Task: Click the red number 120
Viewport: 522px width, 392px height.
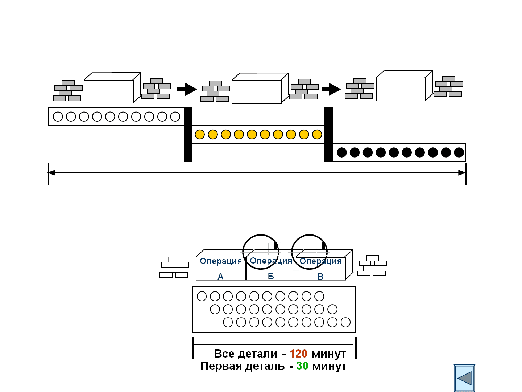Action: [x=298, y=354]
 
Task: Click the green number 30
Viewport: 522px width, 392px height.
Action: [x=302, y=366]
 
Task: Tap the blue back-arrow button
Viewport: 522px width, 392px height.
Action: [x=464, y=378]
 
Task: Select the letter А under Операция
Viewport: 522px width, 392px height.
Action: [x=220, y=277]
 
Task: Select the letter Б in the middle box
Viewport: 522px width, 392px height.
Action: [x=271, y=276]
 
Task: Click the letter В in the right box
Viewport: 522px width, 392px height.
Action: [x=320, y=277]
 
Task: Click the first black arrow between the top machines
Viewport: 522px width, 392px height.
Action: [x=187, y=89]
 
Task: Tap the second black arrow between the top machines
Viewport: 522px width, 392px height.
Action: [x=331, y=89]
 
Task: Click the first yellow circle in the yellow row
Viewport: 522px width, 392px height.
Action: [x=200, y=134]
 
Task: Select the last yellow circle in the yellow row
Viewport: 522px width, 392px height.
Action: [x=317, y=134]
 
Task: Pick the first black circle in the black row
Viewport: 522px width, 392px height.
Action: [x=342, y=152]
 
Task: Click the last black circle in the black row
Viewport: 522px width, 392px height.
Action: [x=459, y=152]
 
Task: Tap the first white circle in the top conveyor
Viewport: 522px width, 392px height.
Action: [x=58, y=117]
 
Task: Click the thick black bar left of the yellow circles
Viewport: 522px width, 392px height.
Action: [x=188, y=134]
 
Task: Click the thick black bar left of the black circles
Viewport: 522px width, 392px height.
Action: [x=329, y=134]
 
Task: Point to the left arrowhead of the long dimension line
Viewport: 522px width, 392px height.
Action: [x=51, y=173]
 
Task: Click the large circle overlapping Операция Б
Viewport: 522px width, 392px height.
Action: [x=243, y=252]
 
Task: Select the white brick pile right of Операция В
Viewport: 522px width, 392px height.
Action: [x=372, y=266]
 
